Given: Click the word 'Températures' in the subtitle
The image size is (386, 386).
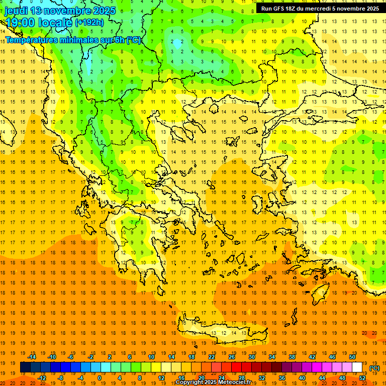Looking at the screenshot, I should point(31,40).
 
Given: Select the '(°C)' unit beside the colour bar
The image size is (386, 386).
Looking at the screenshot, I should point(374,367).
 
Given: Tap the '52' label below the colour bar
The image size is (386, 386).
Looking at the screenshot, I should point(362,378).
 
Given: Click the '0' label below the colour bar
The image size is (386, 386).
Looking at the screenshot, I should point(100,378).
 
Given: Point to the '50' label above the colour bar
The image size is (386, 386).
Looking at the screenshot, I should point(352,357).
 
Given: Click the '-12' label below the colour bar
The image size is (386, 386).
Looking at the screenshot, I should point(42,378).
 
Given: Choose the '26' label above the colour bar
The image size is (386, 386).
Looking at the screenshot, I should point(232,357).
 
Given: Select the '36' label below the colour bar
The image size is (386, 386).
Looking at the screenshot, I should point(281,378).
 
